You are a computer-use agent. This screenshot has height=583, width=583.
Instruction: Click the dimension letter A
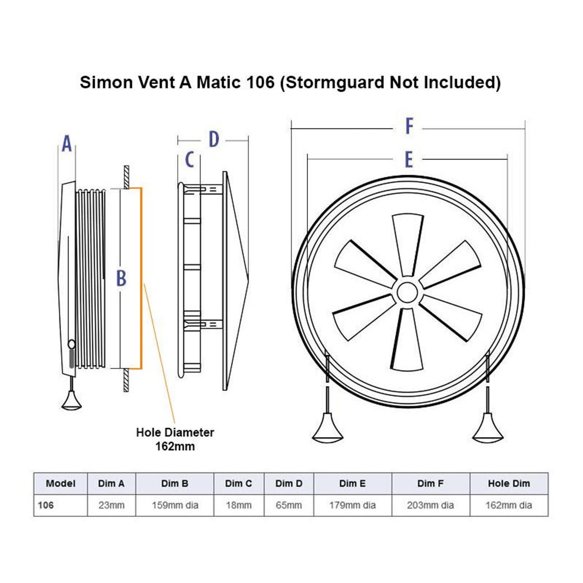[67, 144]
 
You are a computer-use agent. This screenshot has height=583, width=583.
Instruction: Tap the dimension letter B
[121, 278]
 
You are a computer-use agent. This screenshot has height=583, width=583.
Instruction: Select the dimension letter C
[189, 159]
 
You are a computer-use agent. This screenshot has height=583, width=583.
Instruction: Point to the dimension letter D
[213, 140]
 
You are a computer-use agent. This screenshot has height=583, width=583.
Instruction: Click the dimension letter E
[408, 159]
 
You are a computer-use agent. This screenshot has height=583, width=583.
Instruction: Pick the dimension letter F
[409, 126]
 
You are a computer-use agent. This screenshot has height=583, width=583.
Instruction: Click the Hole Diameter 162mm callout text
[175, 439]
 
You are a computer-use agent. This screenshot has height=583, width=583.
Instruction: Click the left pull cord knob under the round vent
[328, 428]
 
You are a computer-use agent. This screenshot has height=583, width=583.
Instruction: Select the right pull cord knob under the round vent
[487, 428]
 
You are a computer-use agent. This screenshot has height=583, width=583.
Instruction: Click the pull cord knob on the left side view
[71, 401]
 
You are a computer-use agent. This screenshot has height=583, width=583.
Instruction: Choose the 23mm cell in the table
[111, 505]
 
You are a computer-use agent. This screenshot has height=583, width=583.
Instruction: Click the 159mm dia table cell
[175, 505]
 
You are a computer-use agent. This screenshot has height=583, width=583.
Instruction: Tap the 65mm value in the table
[288, 505]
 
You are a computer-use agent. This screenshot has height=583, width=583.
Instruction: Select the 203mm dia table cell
[430, 505]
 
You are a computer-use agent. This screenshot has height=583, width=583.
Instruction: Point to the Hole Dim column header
[509, 483]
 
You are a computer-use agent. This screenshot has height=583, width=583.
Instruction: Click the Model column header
[61, 483]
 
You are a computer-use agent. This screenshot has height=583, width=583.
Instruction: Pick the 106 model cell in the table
[46, 505]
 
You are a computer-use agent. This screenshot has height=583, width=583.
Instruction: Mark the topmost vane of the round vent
[408, 242]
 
